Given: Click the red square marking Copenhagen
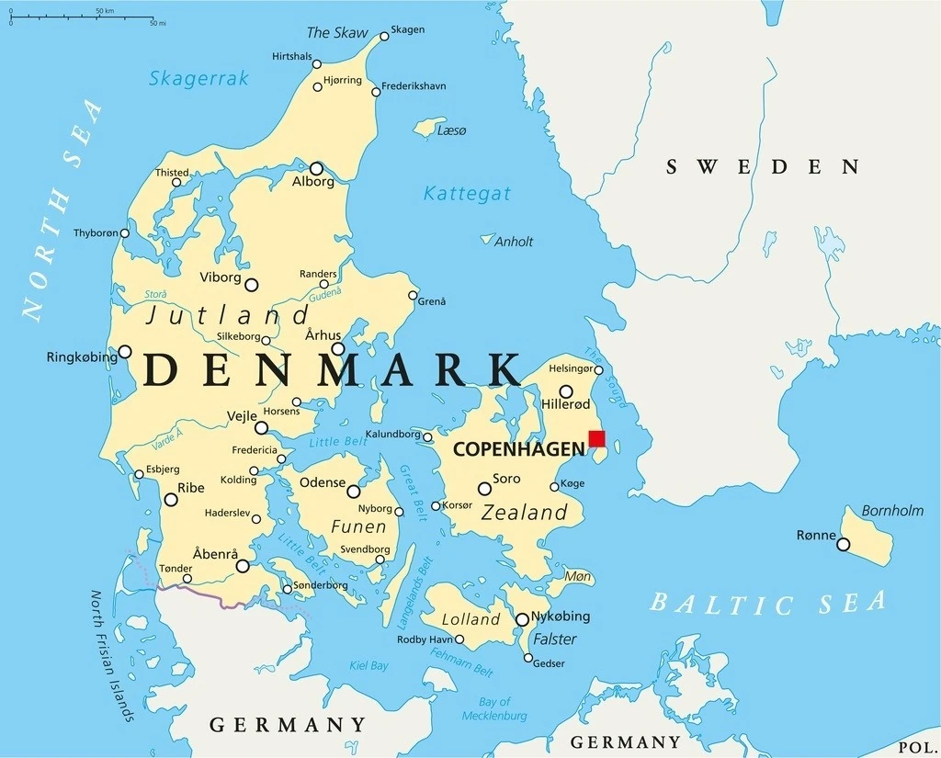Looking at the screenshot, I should tap(596, 438).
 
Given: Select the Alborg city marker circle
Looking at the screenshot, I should tap(316, 168).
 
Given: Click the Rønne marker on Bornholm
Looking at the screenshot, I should tap(843, 545).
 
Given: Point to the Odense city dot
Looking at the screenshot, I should tap(353, 492).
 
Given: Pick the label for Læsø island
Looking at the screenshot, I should tap(452, 131).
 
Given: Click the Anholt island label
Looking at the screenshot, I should tap(514, 242).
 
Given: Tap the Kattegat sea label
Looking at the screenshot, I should tap(467, 194).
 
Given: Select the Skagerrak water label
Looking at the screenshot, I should tap(198, 79).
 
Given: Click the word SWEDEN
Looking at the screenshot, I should tap(763, 166).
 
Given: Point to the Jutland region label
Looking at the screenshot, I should tap(228, 316).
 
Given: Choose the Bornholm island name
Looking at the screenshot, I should tap(892, 510).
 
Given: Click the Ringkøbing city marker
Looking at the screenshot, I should tap(125, 351).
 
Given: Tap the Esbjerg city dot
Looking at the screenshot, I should tap(140, 475).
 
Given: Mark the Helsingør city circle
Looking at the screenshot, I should tap(599, 370).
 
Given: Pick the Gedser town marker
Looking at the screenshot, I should tap(527, 658).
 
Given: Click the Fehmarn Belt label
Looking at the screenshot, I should tap(463, 662).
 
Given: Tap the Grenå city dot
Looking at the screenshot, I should tap(413, 296).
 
